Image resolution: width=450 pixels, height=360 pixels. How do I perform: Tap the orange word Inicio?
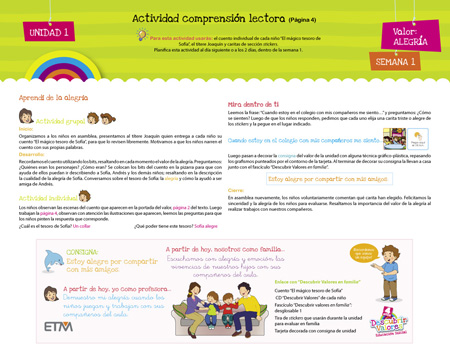pos(25,129)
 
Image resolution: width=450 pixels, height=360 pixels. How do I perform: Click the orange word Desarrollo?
pos(31,153)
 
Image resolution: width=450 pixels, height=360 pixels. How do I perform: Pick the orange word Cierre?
pos(237,189)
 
